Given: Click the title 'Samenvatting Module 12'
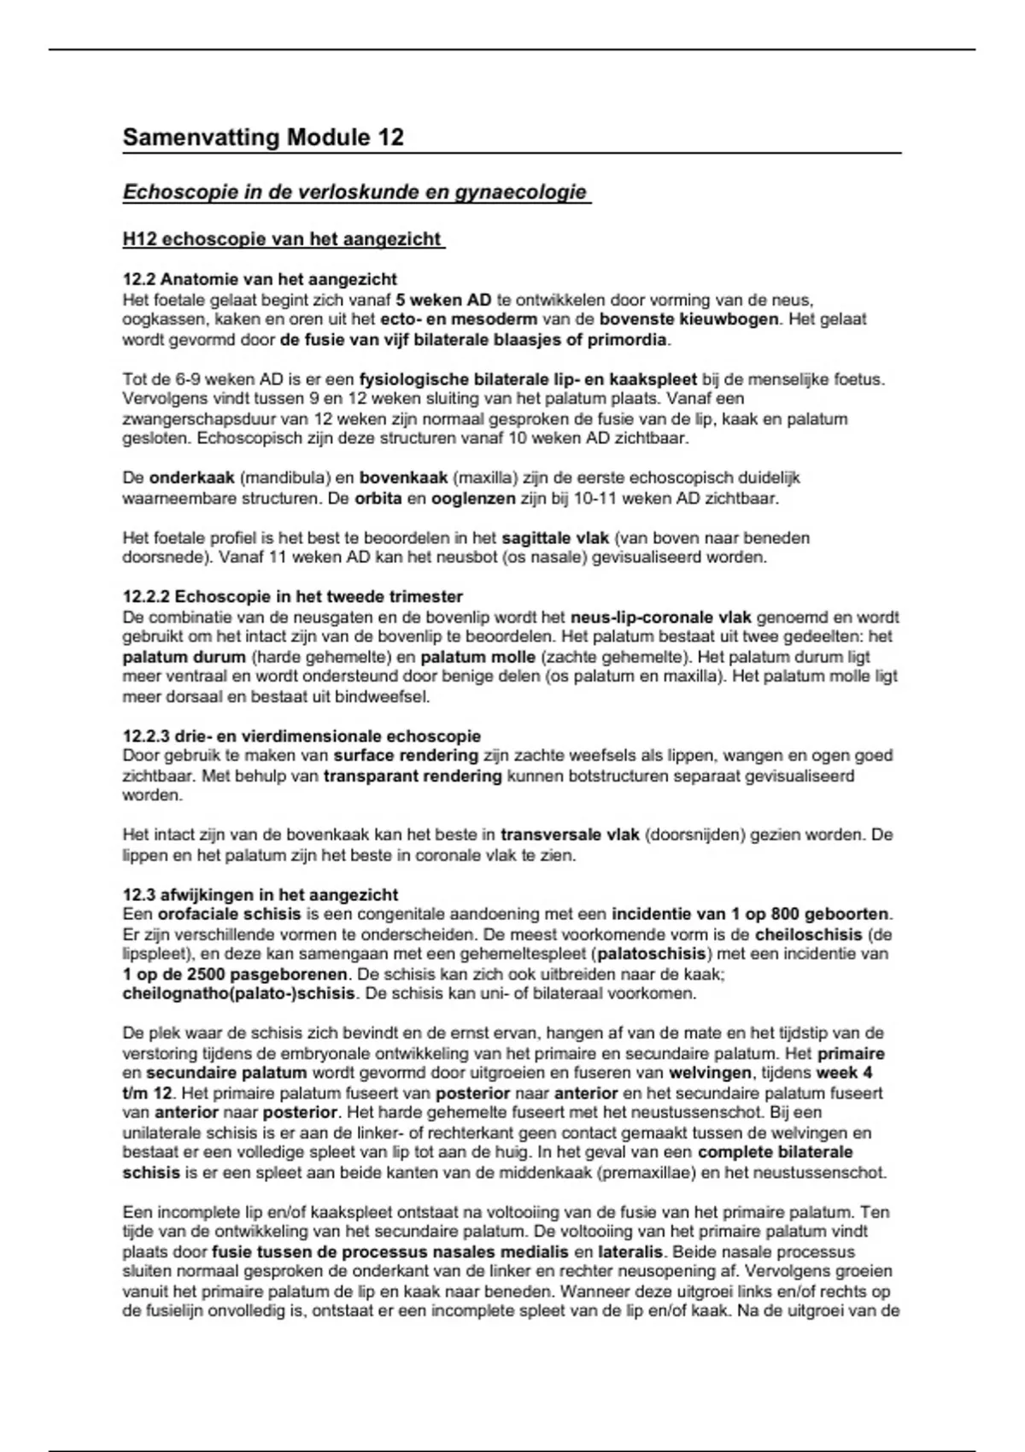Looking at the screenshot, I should coord(263,137).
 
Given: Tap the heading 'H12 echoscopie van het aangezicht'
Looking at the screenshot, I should coord(283,239).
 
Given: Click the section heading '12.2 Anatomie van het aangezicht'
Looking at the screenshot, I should coord(260,279).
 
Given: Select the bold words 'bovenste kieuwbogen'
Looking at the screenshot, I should coord(689,319).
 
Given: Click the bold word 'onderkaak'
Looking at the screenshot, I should coord(191,478).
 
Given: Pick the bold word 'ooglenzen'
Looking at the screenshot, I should coord(473,498).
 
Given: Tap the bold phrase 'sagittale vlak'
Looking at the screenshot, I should coord(555,538).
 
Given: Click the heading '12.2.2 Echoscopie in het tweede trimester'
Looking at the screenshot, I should coord(293,596).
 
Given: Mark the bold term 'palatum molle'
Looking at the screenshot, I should coord(478,657).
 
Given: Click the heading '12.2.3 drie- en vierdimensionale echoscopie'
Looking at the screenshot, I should coord(302,735).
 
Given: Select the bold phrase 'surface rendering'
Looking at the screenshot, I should coord(406,755).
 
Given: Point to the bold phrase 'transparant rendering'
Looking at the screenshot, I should coord(413,776).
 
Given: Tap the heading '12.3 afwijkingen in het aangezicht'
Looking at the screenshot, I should coord(261,894).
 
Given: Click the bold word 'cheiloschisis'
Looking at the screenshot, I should coord(809,934).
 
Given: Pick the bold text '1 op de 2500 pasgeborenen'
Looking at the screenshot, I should coord(235,974).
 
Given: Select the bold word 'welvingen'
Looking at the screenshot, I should coord(711,1073).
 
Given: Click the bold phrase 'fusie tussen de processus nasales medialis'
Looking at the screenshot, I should coord(390,1252).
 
